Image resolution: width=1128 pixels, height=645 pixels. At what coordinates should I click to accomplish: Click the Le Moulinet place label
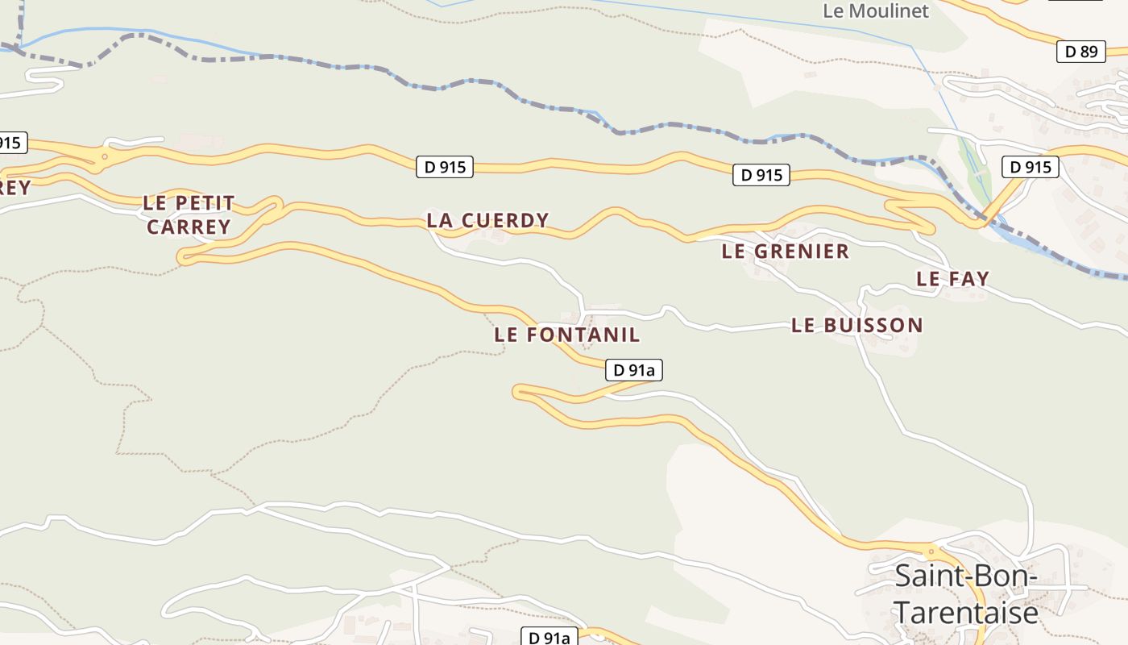click(x=875, y=11)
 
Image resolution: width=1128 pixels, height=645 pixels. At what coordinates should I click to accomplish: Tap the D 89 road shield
click(x=1080, y=52)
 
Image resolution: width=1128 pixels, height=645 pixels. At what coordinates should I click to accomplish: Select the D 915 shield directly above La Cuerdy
click(x=445, y=167)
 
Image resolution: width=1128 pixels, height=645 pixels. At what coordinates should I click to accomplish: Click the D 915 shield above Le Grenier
click(x=761, y=175)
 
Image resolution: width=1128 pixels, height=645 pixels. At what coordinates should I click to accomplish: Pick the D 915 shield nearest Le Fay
click(x=1030, y=167)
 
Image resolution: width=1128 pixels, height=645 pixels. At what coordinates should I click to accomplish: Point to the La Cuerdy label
click(x=487, y=220)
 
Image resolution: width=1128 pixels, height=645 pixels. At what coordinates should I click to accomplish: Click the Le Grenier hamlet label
click(x=785, y=252)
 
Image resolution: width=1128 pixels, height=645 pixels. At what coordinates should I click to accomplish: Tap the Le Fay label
click(x=952, y=279)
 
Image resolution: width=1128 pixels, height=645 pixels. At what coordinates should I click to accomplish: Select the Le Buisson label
click(x=856, y=326)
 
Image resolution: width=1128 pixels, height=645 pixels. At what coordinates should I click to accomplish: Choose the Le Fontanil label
click(x=567, y=335)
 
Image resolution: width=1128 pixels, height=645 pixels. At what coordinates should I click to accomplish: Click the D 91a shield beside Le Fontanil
click(x=633, y=370)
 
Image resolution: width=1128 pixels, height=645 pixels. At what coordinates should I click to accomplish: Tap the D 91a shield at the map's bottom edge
click(x=549, y=638)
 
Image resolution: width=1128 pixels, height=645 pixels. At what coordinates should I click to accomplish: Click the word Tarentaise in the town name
click(x=966, y=614)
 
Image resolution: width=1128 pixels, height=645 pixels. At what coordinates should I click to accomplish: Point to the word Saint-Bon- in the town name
click(x=965, y=577)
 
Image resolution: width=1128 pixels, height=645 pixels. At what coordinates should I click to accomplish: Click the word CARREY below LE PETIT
click(x=189, y=227)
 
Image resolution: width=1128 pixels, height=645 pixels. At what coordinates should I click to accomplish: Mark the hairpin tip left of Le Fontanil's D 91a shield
click(x=517, y=392)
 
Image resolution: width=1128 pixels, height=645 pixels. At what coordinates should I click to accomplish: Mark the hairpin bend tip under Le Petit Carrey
click(x=182, y=258)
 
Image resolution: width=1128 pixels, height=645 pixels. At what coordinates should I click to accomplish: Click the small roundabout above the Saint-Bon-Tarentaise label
click(x=931, y=553)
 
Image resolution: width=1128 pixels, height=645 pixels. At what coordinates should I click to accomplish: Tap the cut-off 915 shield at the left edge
click(x=11, y=144)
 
